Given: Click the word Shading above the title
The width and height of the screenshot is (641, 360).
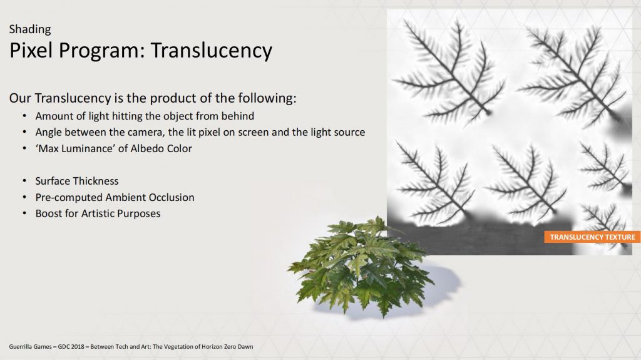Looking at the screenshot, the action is pyautogui.click(x=30, y=29).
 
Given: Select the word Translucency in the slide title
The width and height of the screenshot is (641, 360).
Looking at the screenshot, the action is pyautogui.click(x=212, y=50).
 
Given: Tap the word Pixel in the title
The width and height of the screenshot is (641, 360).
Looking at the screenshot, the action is pyautogui.click(x=31, y=50).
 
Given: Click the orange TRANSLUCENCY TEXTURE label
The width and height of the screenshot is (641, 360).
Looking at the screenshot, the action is pyautogui.click(x=592, y=237).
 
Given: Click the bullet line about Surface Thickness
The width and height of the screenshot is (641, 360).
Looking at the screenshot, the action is pyautogui.click(x=77, y=181).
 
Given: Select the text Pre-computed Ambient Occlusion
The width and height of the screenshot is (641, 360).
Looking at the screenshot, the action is pyautogui.click(x=115, y=197).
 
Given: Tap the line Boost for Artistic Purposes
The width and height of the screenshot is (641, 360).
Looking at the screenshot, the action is pyautogui.click(x=98, y=213).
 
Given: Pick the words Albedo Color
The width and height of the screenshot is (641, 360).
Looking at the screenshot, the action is pyautogui.click(x=161, y=148).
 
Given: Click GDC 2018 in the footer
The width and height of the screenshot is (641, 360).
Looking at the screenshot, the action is pyautogui.click(x=71, y=346).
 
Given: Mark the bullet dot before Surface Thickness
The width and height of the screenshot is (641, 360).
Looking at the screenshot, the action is pyautogui.click(x=24, y=181).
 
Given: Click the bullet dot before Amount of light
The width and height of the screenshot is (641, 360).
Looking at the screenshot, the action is pyautogui.click(x=24, y=116).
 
